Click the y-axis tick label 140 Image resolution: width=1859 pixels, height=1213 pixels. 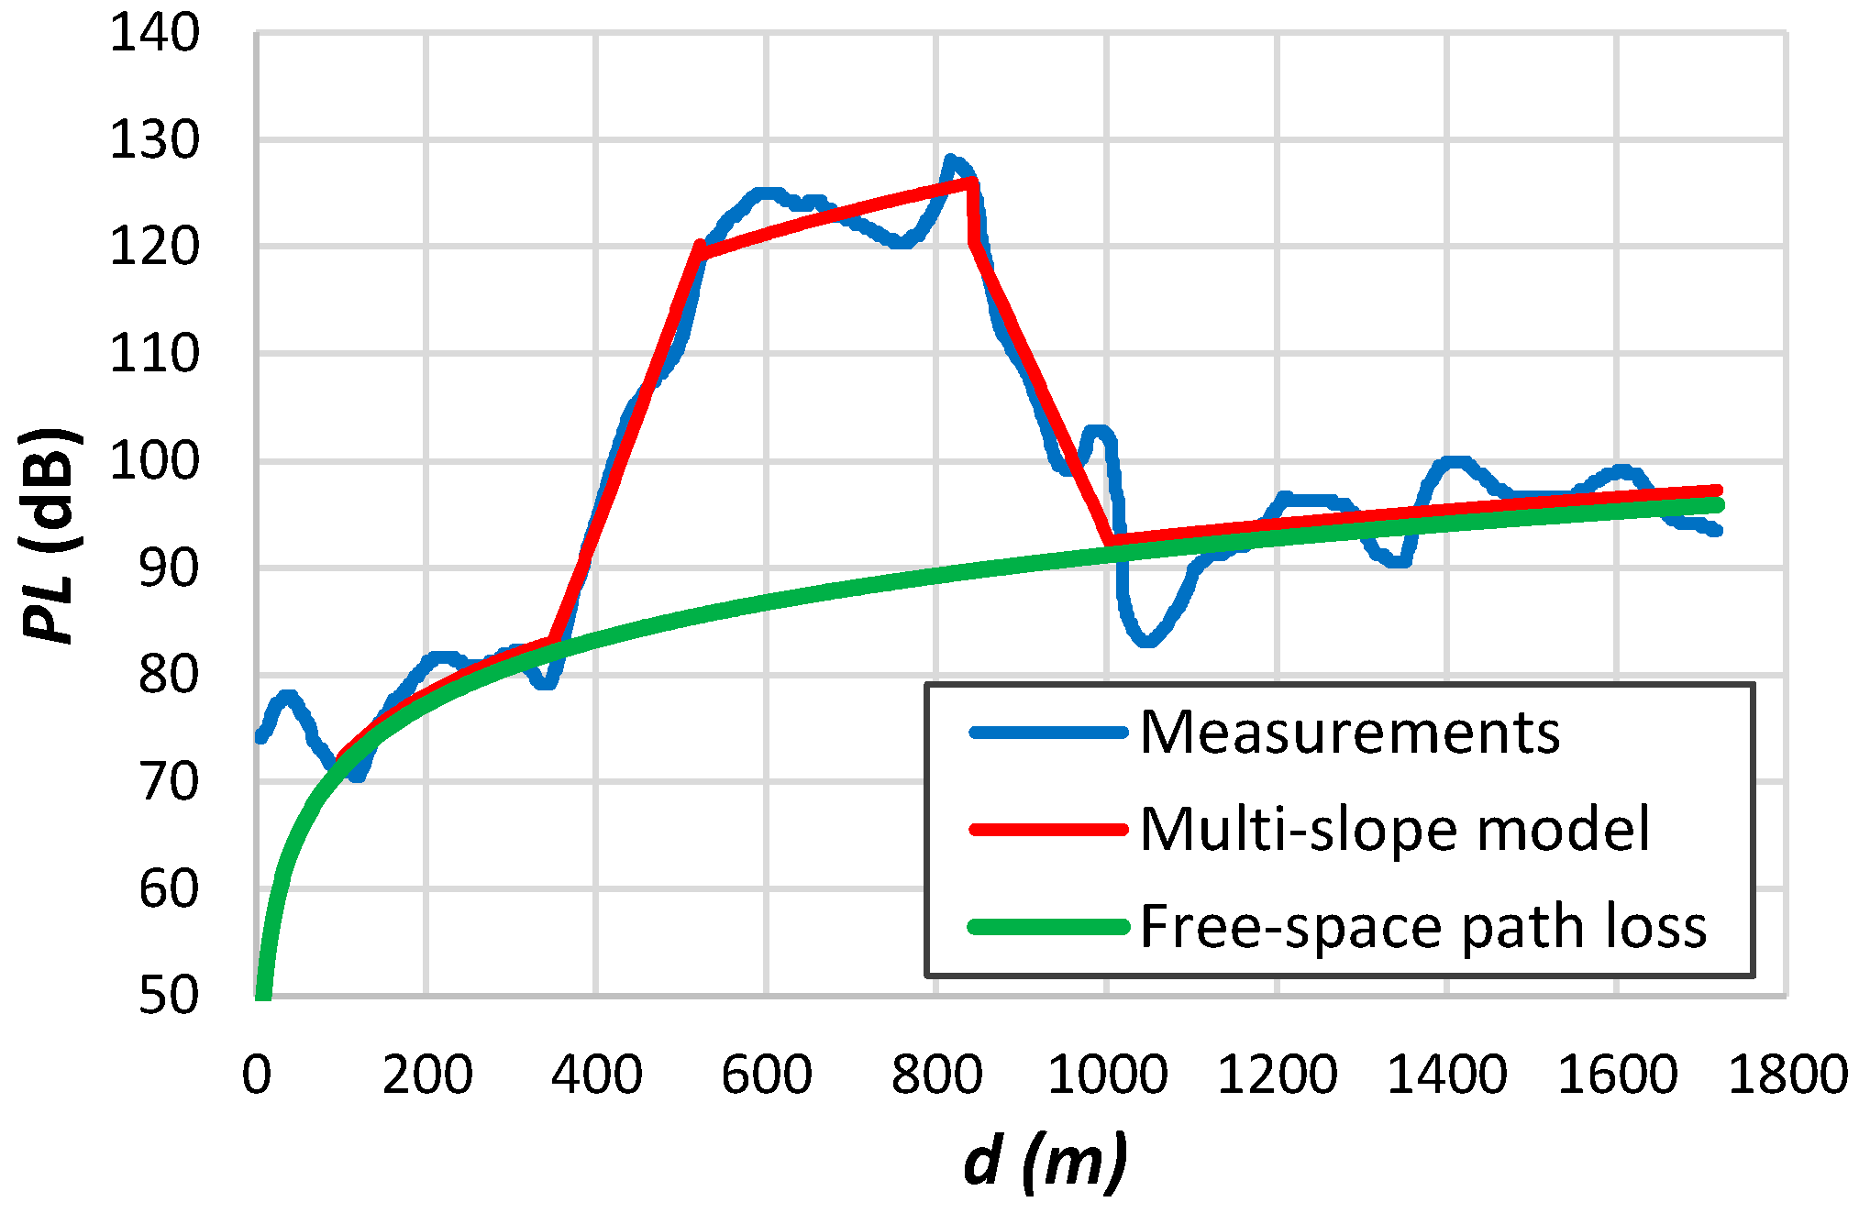coord(154,34)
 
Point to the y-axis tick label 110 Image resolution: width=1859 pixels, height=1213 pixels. coord(154,354)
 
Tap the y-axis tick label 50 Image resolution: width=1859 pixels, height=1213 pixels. coord(169,995)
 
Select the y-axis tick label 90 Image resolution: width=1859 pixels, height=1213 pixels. coord(169,568)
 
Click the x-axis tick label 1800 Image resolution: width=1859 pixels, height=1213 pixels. coord(1787,1075)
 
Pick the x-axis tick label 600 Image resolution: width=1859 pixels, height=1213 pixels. coord(767,1075)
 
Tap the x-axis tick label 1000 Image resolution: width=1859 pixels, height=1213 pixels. coord(1107,1075)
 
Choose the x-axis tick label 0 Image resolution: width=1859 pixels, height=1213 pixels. coord(257,1075)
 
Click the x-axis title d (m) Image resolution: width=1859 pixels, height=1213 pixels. coord(1046,1163)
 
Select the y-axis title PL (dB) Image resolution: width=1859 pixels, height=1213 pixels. coord(50,536)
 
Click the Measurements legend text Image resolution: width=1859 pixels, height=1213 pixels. coord(1349,733)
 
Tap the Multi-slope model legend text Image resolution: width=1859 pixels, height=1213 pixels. coord(1394,830)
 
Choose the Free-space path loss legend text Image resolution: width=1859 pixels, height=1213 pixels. coord(1422,927)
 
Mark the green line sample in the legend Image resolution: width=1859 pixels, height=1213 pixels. coord(1048,927)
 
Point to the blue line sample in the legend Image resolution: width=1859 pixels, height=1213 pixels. coord(1048,733)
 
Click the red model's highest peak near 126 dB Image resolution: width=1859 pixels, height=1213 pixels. coord(971,182)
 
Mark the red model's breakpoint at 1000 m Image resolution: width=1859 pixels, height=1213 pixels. coord(1110,541)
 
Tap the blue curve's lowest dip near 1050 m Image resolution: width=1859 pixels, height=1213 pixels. coord(1147,642)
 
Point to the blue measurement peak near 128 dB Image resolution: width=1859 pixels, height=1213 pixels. coord(950,160)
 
